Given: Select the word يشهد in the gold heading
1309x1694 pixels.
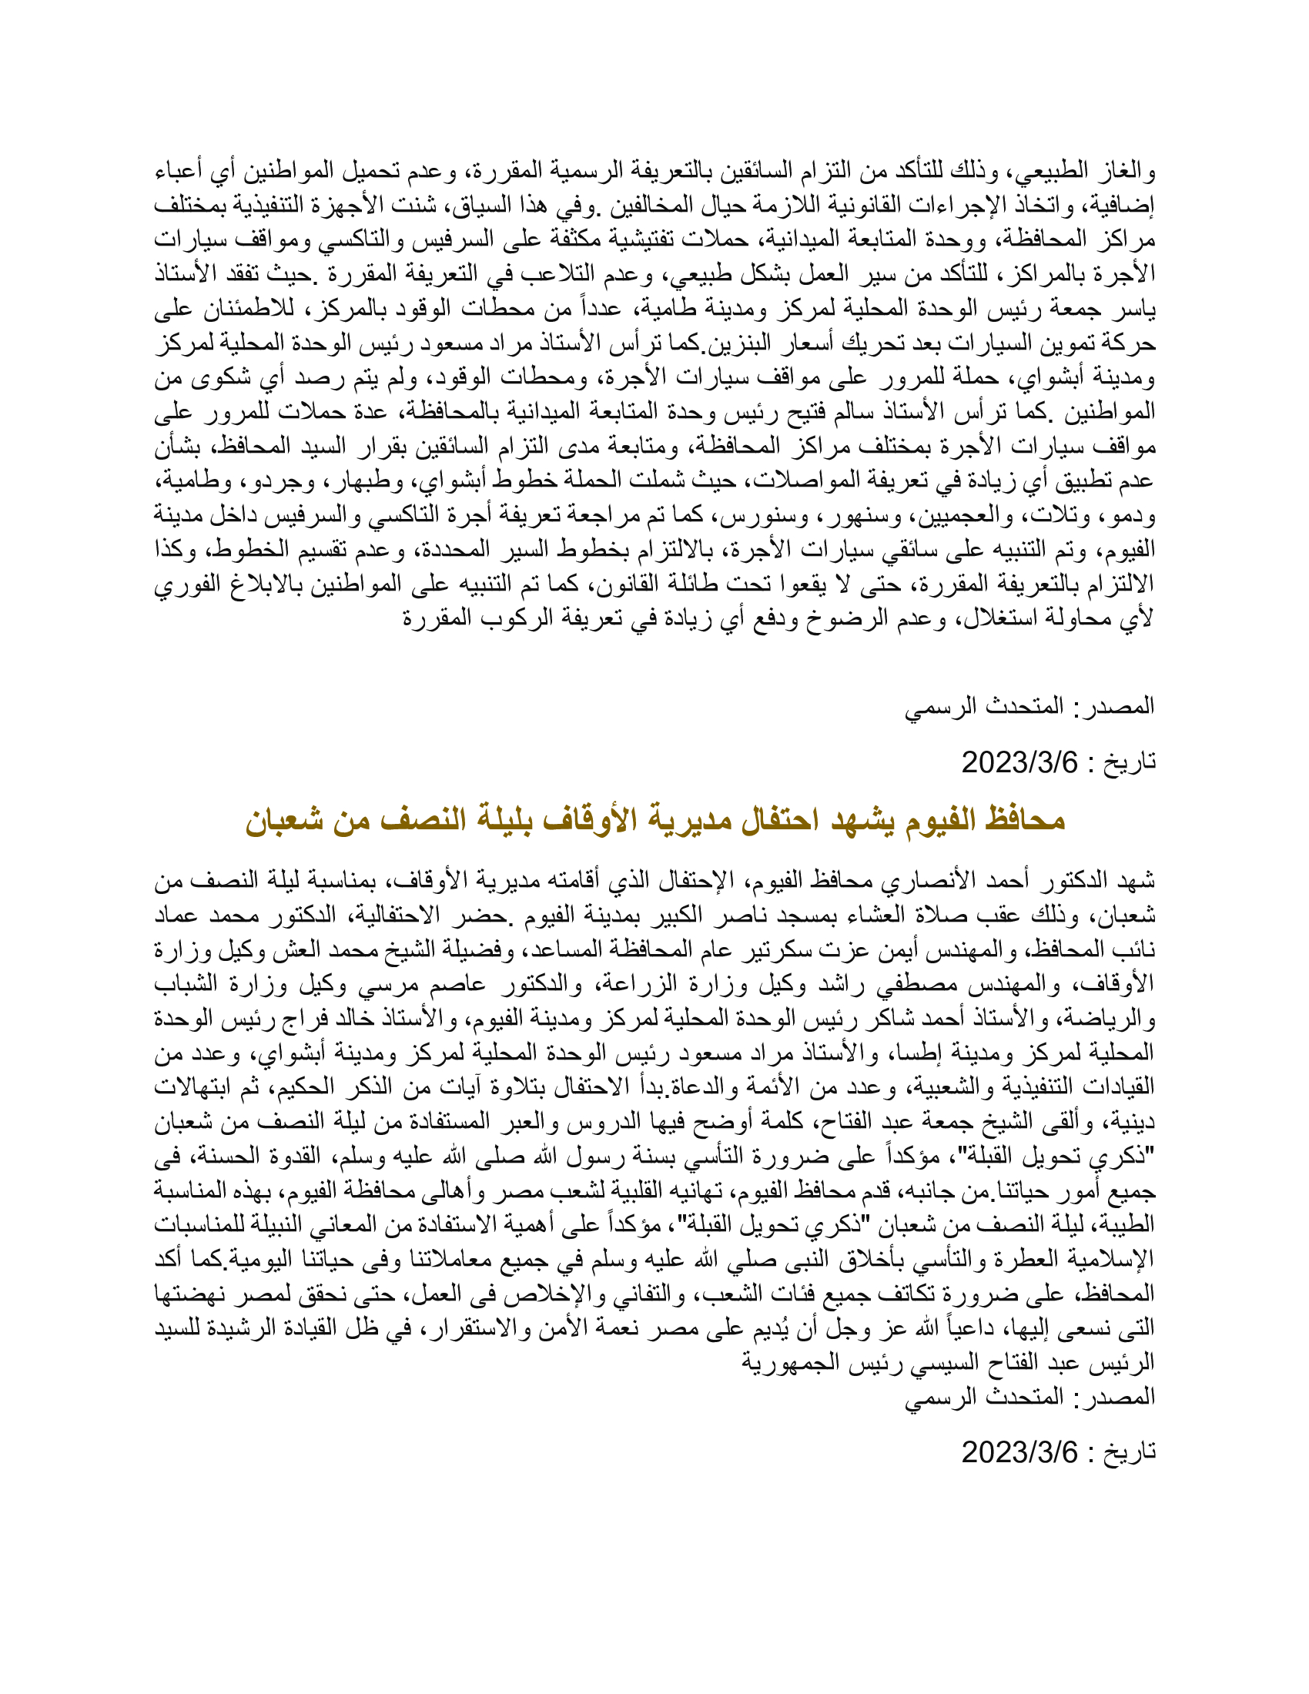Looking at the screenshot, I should (x=854, y=821).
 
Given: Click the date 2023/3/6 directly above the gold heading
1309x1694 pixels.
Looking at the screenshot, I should (x=1019, y=763).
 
